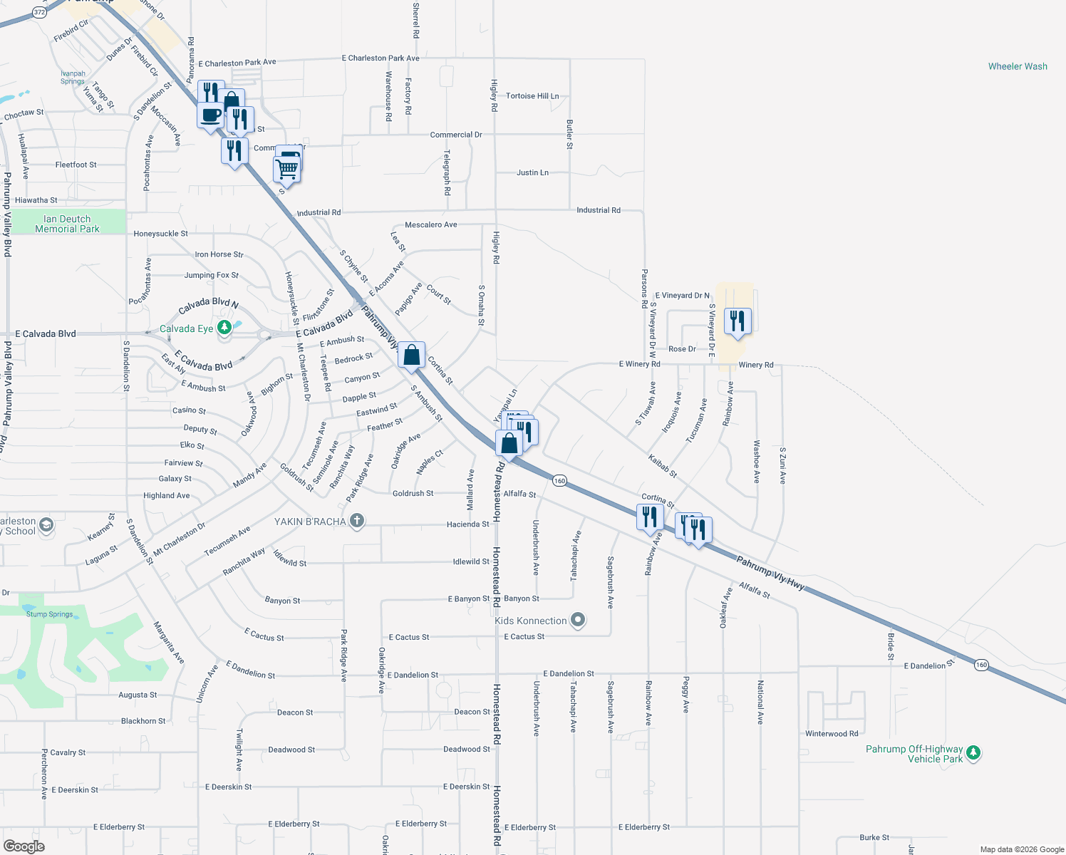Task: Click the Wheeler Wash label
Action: tap(1018, 66)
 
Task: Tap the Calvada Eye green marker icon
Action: tap(224, 328)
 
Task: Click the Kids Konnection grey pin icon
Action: tap(579, 620)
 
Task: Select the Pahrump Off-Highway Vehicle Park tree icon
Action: tap(973, 752)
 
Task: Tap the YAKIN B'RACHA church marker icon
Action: tap(357, 521)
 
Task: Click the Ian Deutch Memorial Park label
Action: tap(67, 224)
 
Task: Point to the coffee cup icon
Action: tap(210, 115)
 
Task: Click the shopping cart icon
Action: tap(286, 170)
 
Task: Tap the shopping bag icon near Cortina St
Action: tap(412, 355)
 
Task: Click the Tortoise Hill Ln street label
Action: tap(532, 95)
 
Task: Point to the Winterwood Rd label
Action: tap(832, 733)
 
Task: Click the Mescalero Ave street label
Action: tap(431, 224)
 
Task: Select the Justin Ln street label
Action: tap(532, 172)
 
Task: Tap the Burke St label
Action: tap(874, 837)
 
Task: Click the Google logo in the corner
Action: tap(24, 846)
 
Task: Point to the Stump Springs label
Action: tap(49, 614)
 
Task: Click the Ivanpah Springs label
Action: tap(73, 77)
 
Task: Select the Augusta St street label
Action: tap(138, 695)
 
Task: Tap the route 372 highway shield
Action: tap(39, 12)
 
